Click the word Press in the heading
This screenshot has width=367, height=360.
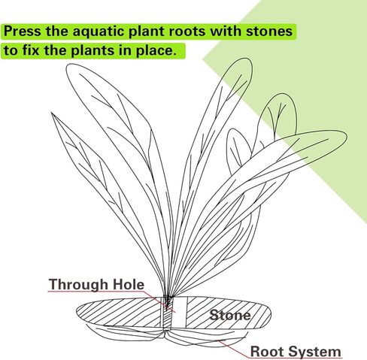point(22,31)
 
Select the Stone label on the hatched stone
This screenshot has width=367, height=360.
point(230,315)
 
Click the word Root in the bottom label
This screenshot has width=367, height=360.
point(267,351)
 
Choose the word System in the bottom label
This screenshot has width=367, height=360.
point(314,352)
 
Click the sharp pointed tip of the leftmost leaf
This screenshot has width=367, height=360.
point(52,113)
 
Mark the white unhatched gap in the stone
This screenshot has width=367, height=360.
point(180,312)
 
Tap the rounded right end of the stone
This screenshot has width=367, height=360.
point(270,314)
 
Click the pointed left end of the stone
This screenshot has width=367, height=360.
point(77,312)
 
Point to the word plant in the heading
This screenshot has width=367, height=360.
point(147,32)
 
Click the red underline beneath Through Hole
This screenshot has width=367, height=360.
point(97,292)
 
